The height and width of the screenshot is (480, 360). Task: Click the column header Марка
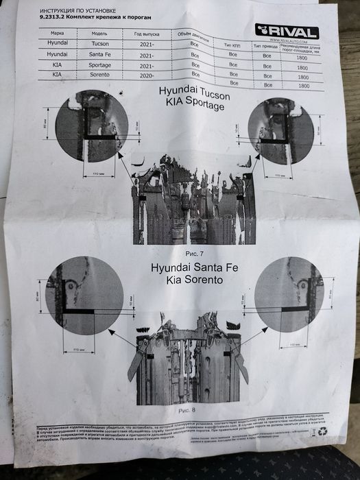(x=58, y=32)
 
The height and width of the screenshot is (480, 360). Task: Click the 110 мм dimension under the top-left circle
(x=97, y=175)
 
